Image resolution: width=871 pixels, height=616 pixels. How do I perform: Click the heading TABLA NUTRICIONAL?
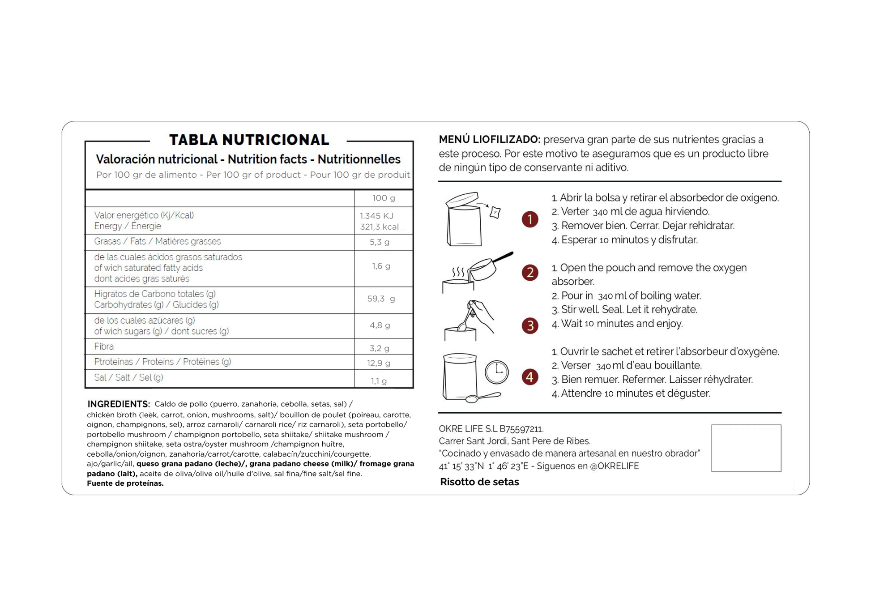point(249,140)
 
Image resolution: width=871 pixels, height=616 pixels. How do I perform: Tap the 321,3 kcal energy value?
point(379,227)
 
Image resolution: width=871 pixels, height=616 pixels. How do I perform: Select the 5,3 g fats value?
point(379,242)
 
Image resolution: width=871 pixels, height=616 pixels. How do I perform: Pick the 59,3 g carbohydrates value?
point(381,299)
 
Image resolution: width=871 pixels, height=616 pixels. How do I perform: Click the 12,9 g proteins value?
point(379,363)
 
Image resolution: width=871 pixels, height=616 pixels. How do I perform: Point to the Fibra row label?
point(104,346)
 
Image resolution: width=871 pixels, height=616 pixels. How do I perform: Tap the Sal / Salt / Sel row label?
point(128,377)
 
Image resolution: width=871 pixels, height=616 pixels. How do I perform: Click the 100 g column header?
point(384,198)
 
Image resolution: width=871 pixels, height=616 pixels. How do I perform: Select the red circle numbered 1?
point(530,219)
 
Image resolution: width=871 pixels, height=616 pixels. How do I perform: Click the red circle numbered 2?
point(530,272)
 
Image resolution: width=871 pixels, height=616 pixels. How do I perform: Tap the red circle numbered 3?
point(530,325)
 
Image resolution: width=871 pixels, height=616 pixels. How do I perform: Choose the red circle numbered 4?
point(530,376)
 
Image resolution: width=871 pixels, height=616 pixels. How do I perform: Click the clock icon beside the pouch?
point(497,372)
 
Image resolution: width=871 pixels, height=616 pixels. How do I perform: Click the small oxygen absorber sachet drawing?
point(495,212)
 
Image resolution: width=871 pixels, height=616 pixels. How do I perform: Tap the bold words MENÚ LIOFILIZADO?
point(489,140)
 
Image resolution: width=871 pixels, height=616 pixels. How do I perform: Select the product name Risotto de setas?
point(479,482)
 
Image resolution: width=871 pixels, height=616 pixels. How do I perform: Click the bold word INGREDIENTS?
point(118,404)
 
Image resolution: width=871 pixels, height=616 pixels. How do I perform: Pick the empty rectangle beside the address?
point(746,448)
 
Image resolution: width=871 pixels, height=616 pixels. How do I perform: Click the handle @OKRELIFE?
point(614,466)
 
